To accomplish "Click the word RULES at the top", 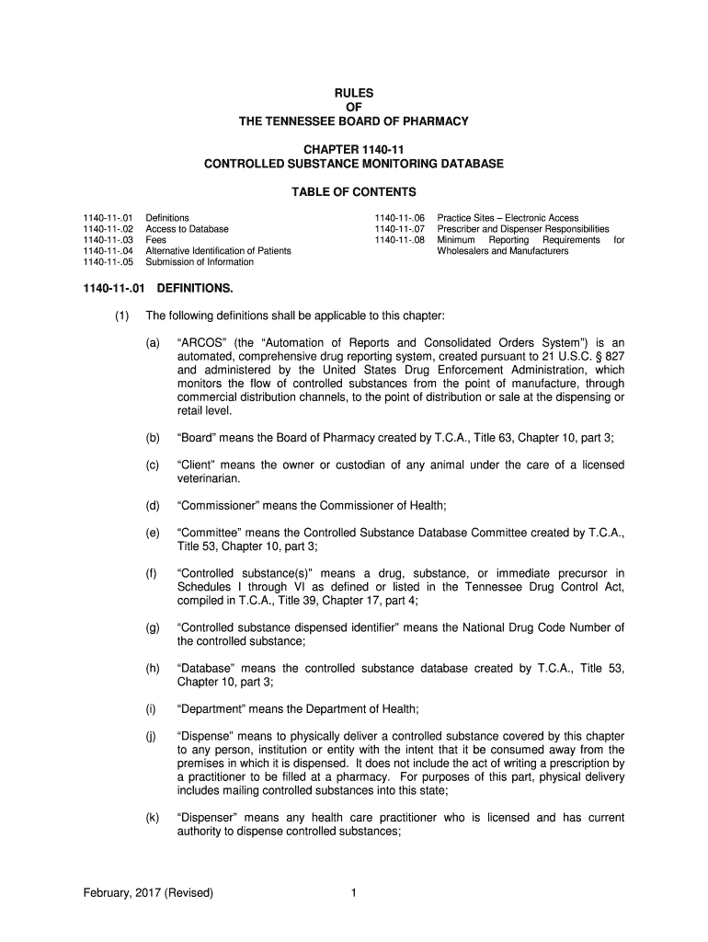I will point(354,92).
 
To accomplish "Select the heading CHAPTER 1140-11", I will point(354,149).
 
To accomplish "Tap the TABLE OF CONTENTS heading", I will point(354,192).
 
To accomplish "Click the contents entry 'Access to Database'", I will point(188,229).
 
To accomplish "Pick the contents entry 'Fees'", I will point(156,240).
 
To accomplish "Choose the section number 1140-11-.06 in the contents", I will point(399,218).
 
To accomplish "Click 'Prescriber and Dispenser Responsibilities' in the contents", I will point(523,229).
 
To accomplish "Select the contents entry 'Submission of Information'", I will point(200,262).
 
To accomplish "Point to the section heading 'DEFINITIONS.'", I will point(195,289).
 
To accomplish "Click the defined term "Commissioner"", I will point(220,505).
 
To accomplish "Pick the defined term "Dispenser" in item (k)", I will point(211,818).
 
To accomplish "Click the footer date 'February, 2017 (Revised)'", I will point(148,892).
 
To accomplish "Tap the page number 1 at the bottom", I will point(354,892).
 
